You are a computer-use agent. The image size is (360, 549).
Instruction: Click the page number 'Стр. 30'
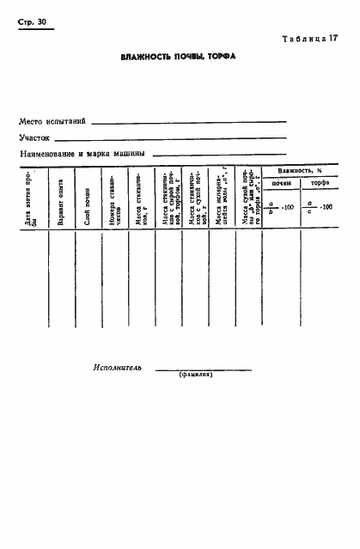(x=30, y=22)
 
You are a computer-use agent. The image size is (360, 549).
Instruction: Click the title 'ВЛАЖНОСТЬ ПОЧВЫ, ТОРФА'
(x=178, y=57)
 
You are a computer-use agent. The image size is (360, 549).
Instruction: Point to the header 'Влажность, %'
(x=300, y=172)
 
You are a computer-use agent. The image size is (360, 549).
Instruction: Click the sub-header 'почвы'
(x=281, y=185)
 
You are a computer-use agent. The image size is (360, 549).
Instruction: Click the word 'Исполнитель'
(x=117, y=367)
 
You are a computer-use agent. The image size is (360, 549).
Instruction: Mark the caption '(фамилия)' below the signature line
(x=196, y=375)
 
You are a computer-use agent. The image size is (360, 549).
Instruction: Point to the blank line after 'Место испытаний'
(x=189, y=122)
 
